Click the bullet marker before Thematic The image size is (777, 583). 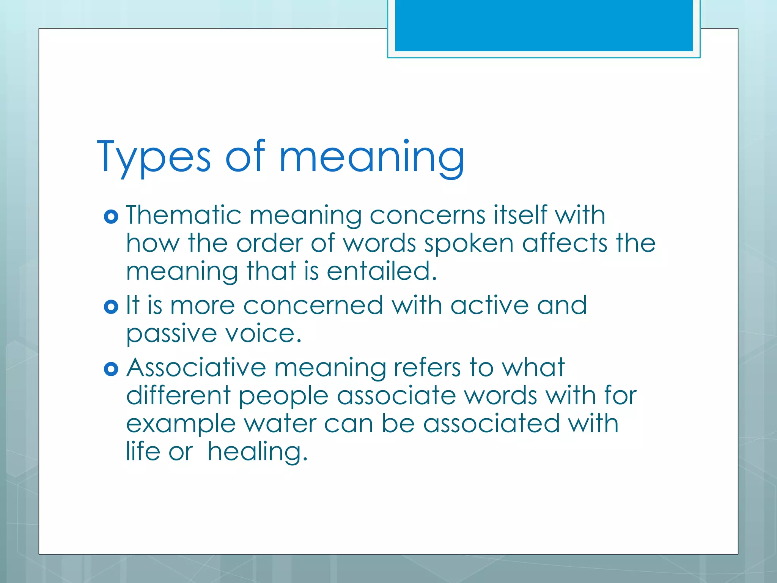pyautogui.click(x=111, y=217)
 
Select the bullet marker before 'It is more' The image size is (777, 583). pyautogui.click(x=111, y=307)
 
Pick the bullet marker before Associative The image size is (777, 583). pyautogui.click(x=111, y=369)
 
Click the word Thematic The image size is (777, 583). pyautogui.click(x=184, y=215)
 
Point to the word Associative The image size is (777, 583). pyautogui.click(x=196, y=368)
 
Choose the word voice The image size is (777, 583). pyautogui.click(x=264, y=334)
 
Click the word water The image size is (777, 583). pyautogui.click(x=280, y=424)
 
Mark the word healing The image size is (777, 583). pyautogui.click(x=257, y=452)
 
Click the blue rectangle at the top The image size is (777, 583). pyautogui.click(x=544, y=25)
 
